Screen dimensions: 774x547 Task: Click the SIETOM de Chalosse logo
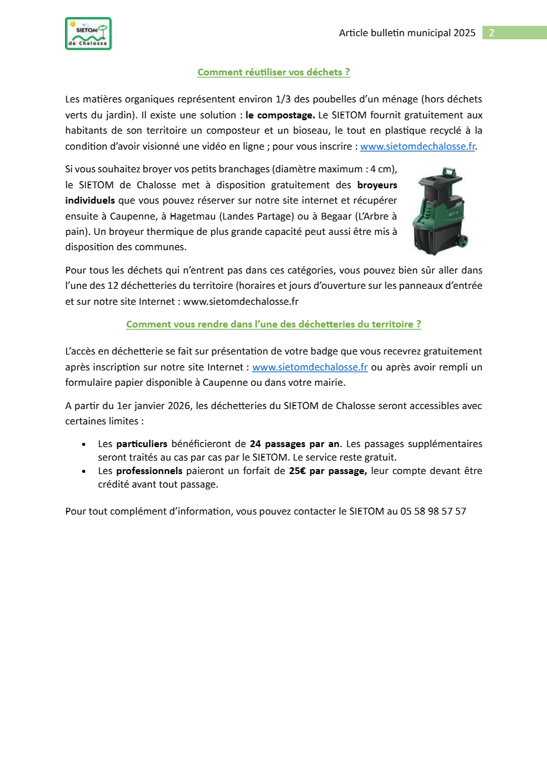[x=88, y=34]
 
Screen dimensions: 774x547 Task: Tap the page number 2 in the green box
[x=491, y=33]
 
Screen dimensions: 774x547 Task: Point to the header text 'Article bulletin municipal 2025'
[x=407, y=33]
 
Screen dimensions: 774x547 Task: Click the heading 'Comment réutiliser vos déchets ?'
[x=273, y=72]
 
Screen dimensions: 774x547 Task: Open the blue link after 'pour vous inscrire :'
[x=418, y=147]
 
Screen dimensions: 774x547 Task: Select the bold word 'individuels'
[x=90, y=201]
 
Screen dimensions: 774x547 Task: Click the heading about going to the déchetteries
[x=273, y=324]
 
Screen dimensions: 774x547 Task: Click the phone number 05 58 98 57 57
[x=433, y=511]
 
